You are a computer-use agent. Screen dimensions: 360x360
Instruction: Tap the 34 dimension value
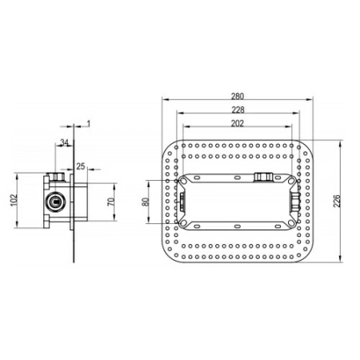point(63,143)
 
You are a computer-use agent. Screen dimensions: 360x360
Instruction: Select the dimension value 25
point(80,166)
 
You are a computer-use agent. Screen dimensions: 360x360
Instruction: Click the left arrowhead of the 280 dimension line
point(162,100)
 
